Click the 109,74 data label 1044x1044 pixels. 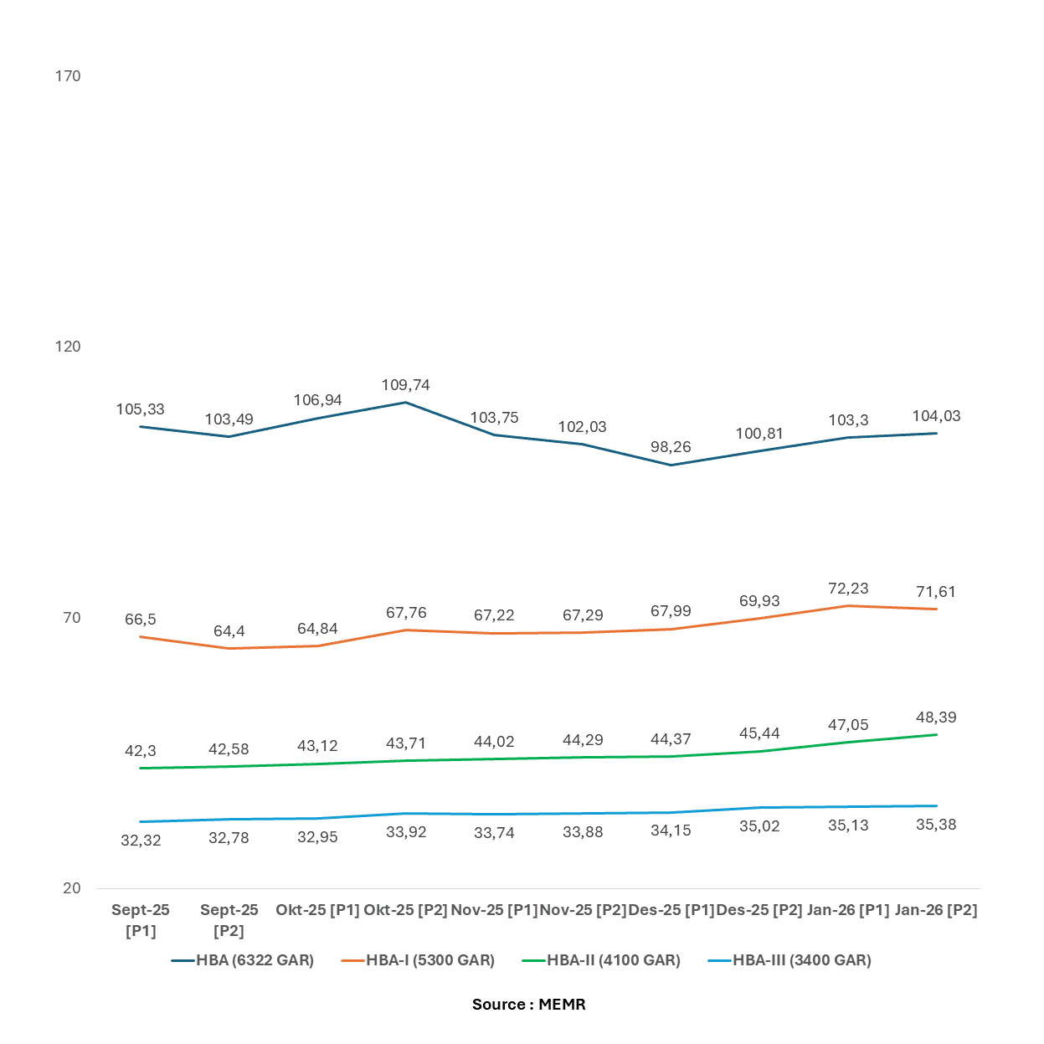[406, 385]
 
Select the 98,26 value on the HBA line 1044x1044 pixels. [671, 447]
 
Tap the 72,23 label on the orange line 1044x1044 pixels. [848, 589]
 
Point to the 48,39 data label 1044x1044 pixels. [936, 717]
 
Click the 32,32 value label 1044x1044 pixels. [141, 841]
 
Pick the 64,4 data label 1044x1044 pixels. [229, 631]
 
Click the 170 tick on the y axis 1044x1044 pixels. [68, 76]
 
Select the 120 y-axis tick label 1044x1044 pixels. [68, 347]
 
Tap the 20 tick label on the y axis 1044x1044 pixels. [72, 888]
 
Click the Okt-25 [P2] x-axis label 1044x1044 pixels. [406, 910]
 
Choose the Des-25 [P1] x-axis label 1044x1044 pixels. [671, 910]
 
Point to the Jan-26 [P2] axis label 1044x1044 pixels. [936, 910]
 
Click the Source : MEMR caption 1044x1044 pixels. [529, 1005]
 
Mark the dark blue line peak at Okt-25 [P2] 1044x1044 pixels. [406, 403]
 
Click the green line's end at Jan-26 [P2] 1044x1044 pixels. [936, 735]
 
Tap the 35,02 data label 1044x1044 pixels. [759, 826]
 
